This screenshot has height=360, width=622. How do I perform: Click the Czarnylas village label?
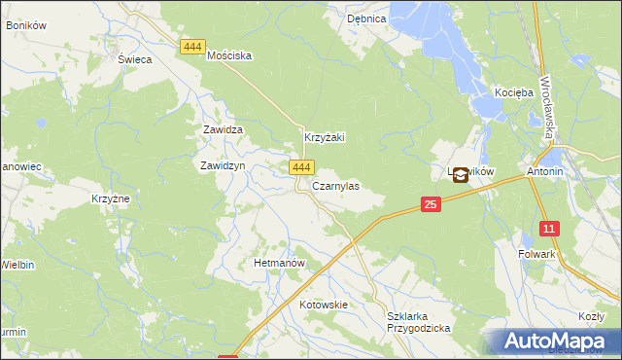(x=335, y=185)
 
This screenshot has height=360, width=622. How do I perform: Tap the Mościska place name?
(x=229, y=55)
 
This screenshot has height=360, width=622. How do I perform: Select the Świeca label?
(x=135, y=58)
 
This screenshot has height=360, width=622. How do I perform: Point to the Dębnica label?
(x=367, y=18)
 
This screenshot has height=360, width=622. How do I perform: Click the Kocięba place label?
(x=514, y=92)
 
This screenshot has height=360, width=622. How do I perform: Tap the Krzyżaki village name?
(x=326, y=138)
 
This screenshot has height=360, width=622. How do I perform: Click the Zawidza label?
(x=222, y=128)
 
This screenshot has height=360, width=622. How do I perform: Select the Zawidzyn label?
(x=222, y=165)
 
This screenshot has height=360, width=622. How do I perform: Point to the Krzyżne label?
(x=111, y=198)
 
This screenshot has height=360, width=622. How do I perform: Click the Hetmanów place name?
(x=279, y=263)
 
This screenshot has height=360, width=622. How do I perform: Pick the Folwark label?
(x=536, y=254)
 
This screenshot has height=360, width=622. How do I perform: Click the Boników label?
(x=26, y=25)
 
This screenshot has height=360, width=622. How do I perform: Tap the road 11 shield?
(x=550, y=229)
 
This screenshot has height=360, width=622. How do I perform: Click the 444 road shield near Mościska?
(x=192, y=46)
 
